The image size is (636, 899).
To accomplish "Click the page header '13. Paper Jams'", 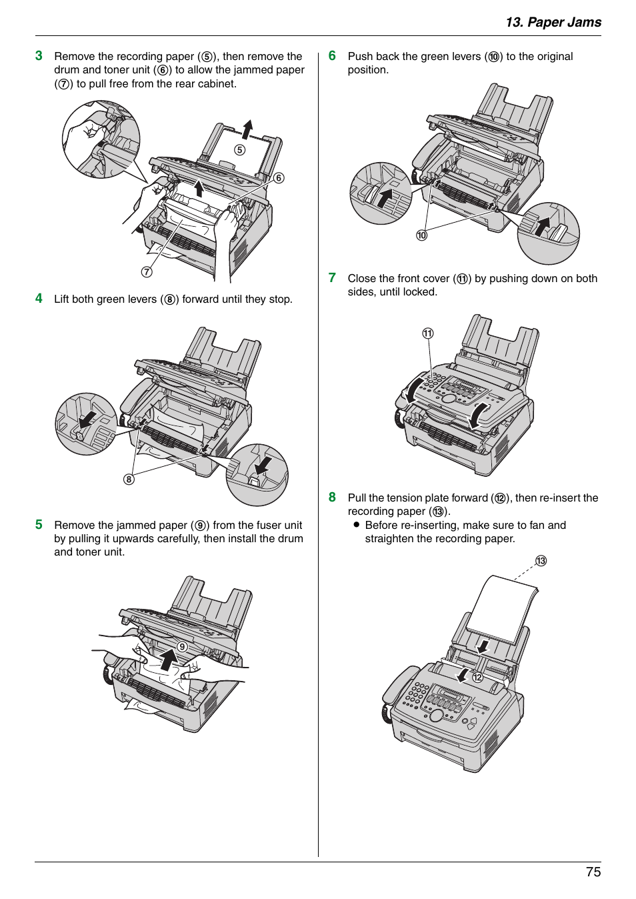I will pos(553,22).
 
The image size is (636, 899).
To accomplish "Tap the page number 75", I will pos(593,872).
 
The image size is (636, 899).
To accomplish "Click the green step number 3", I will pos(39,56).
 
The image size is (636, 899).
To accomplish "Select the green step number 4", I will pos(39,298).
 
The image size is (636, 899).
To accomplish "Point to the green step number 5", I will pos(39,524).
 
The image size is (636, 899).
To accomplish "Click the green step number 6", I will pos(332,56).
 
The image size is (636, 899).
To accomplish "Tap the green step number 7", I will pos(332,277).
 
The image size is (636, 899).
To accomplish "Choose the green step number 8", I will pos(332,497).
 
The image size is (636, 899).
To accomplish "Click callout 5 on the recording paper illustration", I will pos(239,150).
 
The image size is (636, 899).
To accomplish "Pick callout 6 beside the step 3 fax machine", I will pos(279,177).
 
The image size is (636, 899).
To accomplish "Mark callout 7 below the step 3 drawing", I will pos(147,271).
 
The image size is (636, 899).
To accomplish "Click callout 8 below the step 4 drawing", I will pos(129,479).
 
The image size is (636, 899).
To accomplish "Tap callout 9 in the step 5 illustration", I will pos(182,646).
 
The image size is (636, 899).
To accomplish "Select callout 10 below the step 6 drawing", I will pos(421,235).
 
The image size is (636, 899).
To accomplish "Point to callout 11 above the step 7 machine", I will pos(427,333).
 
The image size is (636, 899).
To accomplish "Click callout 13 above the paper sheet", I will pos(541,560).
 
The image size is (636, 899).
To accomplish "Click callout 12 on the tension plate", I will pos(477,677).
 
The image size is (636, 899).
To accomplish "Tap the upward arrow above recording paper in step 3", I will pos(247,129).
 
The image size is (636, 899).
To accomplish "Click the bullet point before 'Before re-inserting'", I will pos(357,525).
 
